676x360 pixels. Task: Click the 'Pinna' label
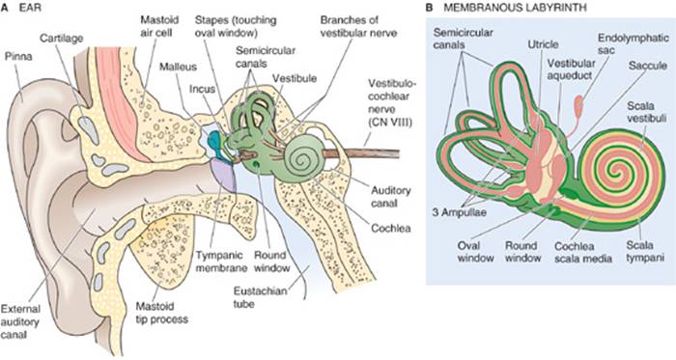[x=18, y=56]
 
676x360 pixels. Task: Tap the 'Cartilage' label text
[x=61, y=38]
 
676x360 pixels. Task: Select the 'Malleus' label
[x=178, y=67]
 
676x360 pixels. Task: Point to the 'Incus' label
[x=202, y=89]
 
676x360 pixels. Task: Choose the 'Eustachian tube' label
[x=260, y=297]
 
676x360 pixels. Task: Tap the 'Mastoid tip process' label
[x=161, y=313]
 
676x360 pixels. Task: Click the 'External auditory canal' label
[x=20, y=321]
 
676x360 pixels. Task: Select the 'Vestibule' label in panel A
[x=295, y=78]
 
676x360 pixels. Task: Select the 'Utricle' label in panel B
[x=543, y=44]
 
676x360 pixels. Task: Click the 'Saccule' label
[x=648, y=66]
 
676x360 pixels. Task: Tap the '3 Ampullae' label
[x=459, y=212]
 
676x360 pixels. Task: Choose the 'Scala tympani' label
[x=645, y=252]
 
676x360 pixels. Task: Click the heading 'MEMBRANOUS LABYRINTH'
[x=515, y=8]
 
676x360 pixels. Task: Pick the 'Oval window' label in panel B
[x=475, y=252]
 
